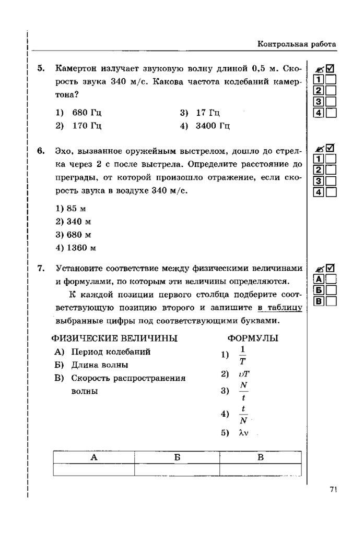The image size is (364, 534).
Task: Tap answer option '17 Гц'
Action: [x=208, y=113]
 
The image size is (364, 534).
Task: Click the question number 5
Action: [x=41, y=68]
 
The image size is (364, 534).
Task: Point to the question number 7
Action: [x=41, y=269]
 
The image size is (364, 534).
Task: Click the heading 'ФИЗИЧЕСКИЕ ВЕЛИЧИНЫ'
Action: [x=115, y=338]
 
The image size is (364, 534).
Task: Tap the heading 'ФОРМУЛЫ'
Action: [x=253, y=338]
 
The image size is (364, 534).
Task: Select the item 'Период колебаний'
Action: [x=111, y=351]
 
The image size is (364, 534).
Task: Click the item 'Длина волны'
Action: [x=99, y=365]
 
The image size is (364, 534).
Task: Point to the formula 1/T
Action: [x=242, y=355]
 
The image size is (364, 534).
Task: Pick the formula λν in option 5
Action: [x=242, y=433]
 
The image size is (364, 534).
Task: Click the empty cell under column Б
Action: [x=177, y=469]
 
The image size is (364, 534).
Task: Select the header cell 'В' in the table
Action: [x=261, y=457]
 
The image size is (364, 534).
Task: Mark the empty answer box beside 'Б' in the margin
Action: [x=331, y=290]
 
